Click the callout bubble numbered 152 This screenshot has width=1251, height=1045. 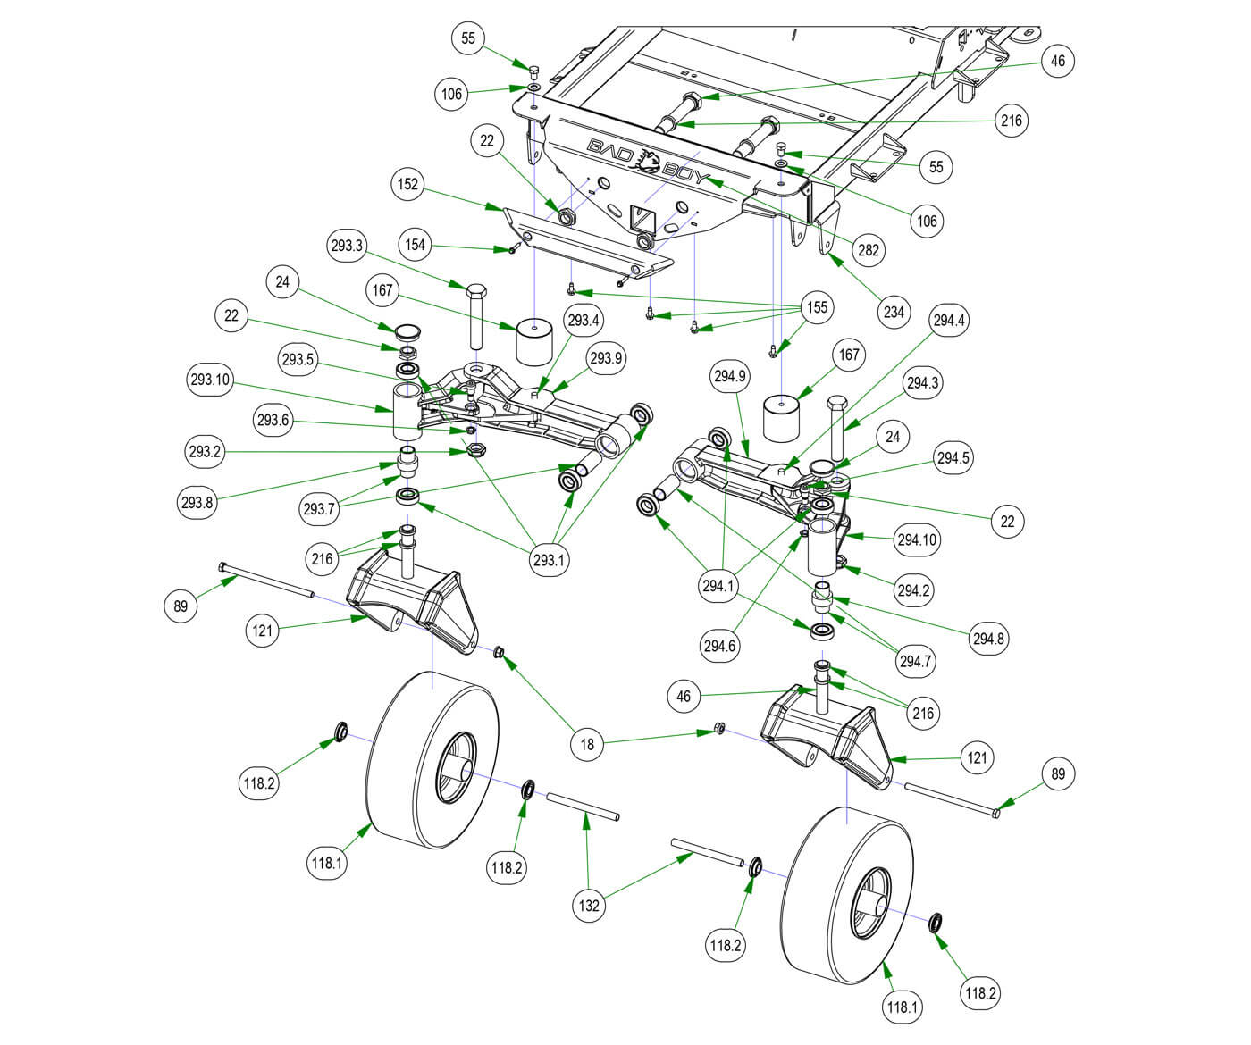click(407, 184)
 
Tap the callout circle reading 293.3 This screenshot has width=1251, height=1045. click(347, 245)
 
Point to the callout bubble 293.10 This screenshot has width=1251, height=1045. click(209, 380)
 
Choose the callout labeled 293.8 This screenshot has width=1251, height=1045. click(197, 502)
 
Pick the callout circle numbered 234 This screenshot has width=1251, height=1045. click(894, 312)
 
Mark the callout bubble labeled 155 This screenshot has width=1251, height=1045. click(818, 307)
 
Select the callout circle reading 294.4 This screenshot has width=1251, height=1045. click(948, 320)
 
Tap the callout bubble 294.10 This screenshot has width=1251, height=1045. click(918, 539)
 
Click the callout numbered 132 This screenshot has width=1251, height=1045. click(590, 905)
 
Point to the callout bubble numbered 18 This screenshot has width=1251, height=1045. click(587, 743)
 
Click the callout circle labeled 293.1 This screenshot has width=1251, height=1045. click(550, 560)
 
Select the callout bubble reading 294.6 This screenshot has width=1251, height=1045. click(719, 646)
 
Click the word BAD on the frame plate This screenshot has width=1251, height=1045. click(609, 150)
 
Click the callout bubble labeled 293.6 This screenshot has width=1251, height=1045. click(273, 420)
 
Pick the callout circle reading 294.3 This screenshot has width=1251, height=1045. click(923, 383)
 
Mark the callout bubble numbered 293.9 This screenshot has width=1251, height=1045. click(606, 358)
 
